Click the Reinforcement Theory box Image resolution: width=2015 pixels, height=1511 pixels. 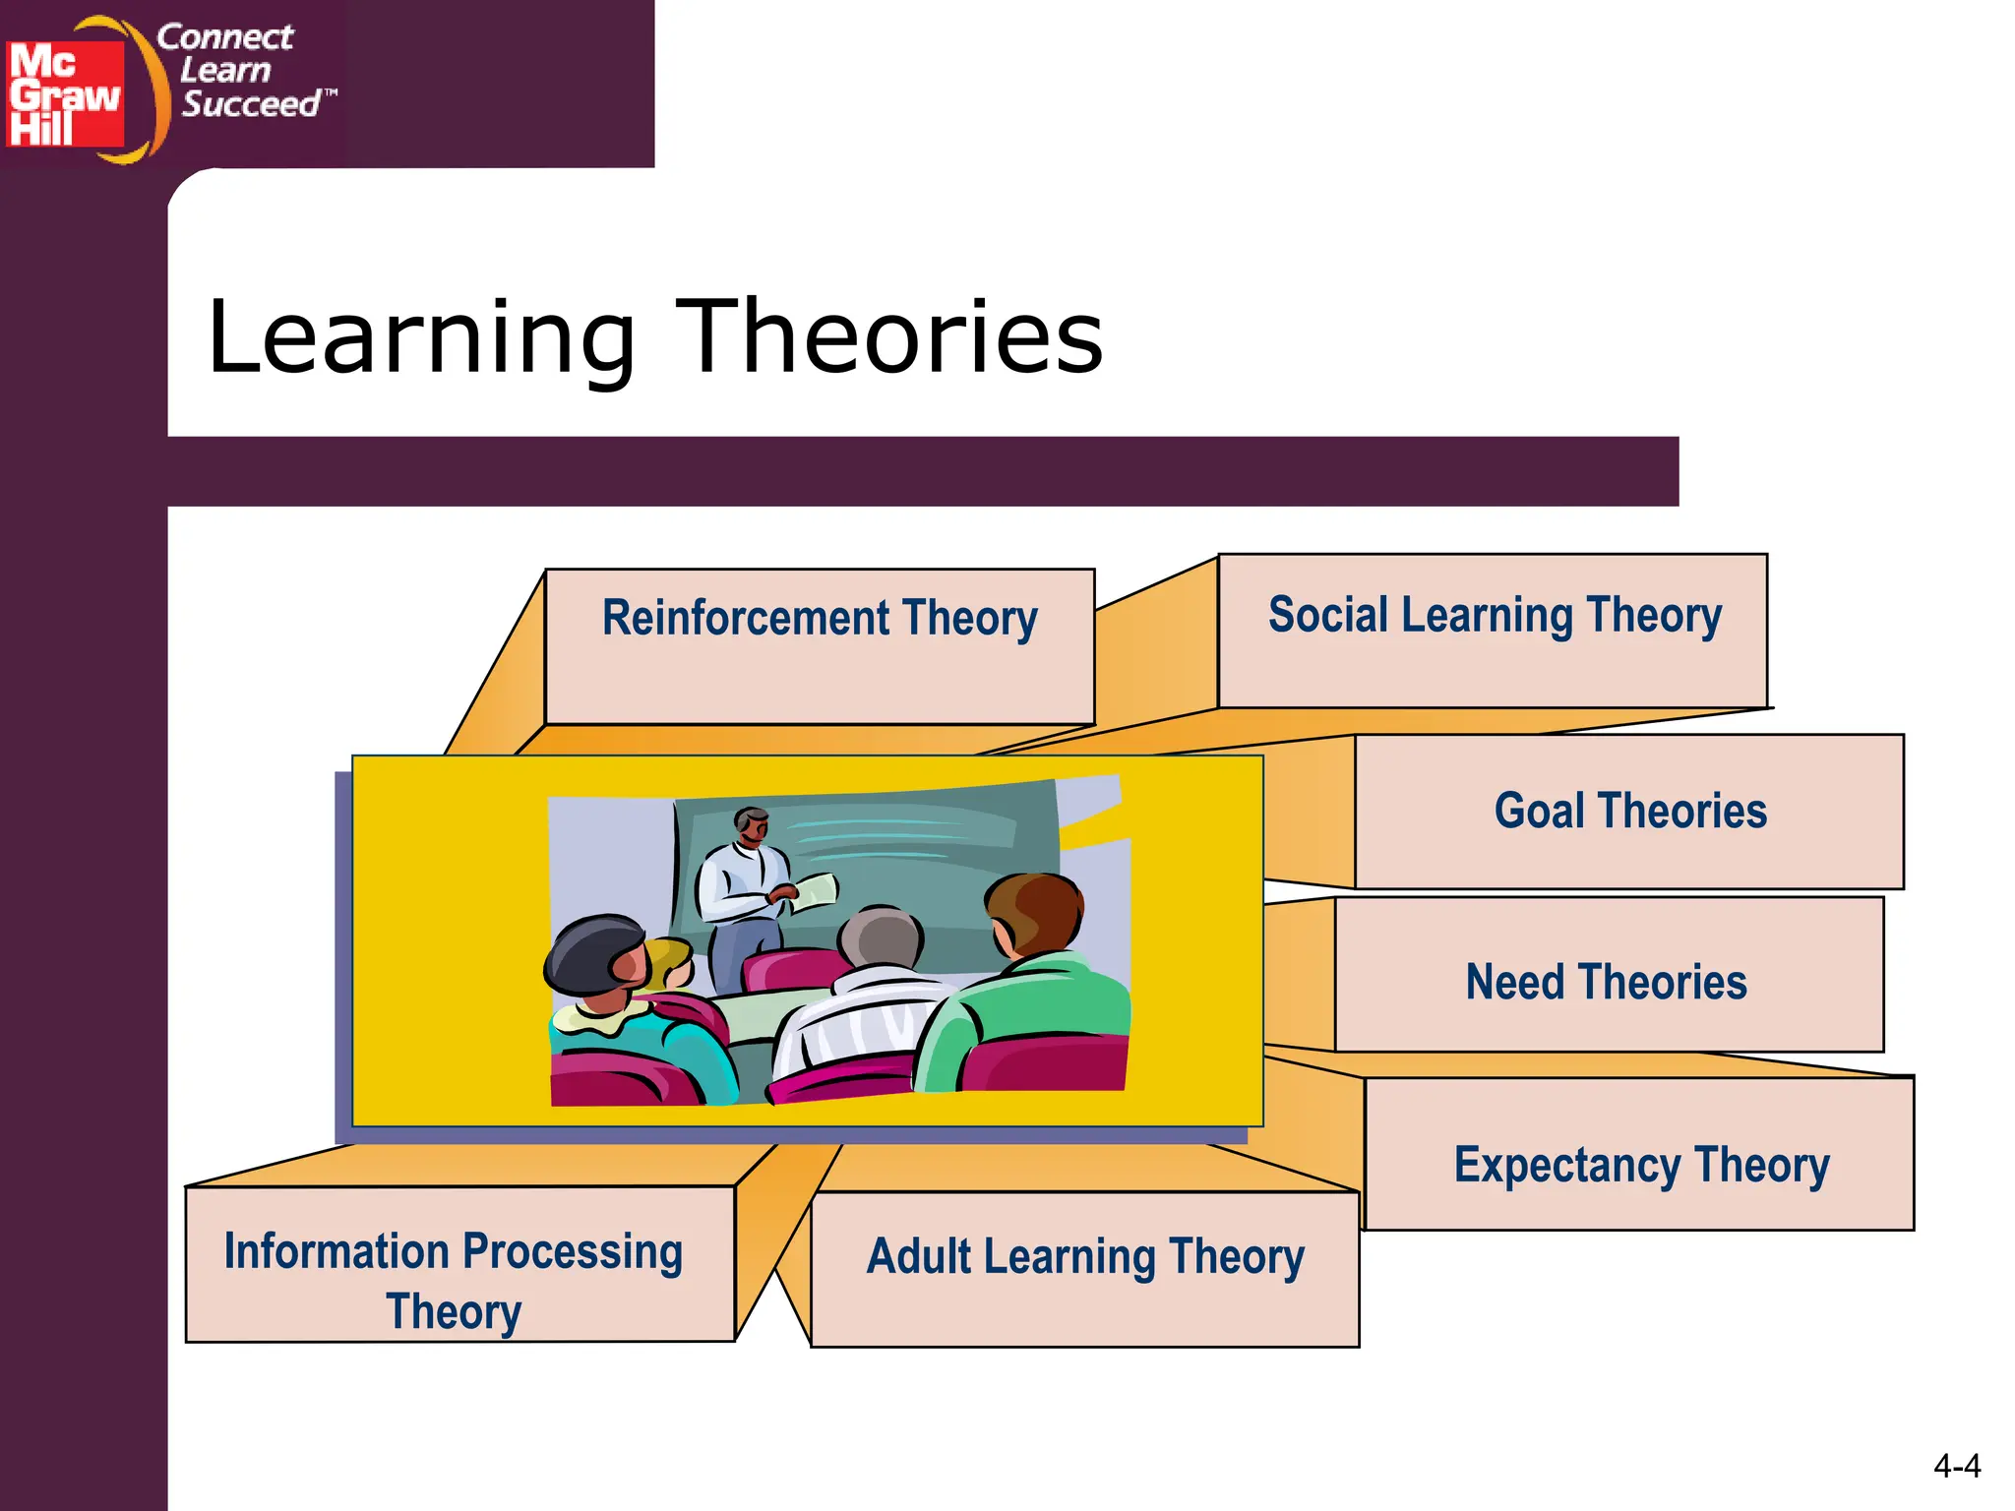tap(820, 646)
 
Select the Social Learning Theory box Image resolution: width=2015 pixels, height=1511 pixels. tap(1493, 631)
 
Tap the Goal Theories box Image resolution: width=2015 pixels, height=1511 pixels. tap(1629, 812)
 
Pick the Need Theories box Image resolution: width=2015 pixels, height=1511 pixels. tap(1608, 975)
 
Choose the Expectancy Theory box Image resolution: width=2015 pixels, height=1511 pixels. tap(1640, 1155)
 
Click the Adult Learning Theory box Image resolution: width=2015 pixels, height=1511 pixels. tap(1084, 1269)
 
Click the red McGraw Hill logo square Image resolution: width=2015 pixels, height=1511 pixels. tap(65, 93)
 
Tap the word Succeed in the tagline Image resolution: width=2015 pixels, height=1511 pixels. tap(252, 104)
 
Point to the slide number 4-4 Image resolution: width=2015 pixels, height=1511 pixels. tap(1956, 1467)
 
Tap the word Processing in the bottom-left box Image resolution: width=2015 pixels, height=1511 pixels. tap(572, 1251)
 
